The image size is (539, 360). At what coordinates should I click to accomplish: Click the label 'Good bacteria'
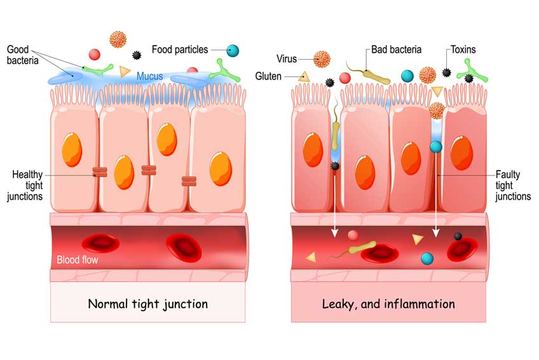23,55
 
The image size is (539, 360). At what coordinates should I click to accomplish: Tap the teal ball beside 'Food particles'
233,50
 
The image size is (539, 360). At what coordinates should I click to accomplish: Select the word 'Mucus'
150,76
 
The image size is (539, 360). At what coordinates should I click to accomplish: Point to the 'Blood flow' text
78,260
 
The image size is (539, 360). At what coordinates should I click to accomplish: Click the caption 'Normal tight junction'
148,303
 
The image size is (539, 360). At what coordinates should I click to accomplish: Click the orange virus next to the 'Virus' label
322,59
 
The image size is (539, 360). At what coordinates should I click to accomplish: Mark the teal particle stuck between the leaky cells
436,147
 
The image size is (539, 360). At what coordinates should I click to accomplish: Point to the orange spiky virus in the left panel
118,39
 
